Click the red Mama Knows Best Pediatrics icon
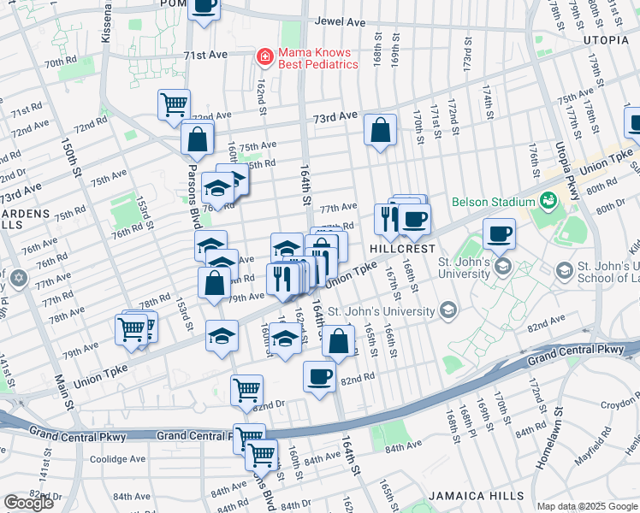[x=266, y=57]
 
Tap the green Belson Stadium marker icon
[x=548, y=202]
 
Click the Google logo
[x=28, y=502]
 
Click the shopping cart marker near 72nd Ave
[x=175, y=104]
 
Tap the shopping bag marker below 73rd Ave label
[x=380, y=131]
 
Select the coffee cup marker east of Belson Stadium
[x=499, y=233]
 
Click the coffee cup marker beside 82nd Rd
[x=320, y=375]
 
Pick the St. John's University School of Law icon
[x=565, y=271]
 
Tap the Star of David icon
[x=20, y=279]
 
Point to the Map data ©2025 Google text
[x=587, y=506]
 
